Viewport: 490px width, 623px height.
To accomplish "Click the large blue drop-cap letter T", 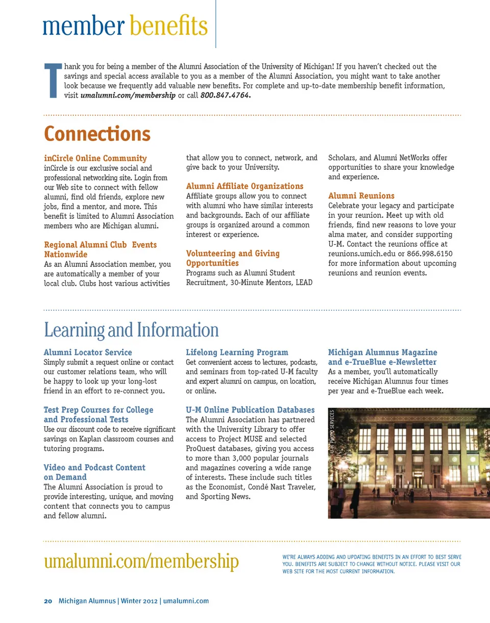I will (x=53, y=81).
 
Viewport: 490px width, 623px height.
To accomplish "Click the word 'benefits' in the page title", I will (x=168, y=26).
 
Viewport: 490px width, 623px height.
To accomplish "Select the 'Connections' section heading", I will (x=97, y=134).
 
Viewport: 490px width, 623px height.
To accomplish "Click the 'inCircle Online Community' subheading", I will (x=95, y=158).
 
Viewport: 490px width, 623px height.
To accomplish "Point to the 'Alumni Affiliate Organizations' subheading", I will (x=244, y=186).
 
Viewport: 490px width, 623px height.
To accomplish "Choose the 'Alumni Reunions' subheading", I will (x=361, y=196).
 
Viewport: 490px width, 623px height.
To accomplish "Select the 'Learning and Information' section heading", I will (x=131, y=330).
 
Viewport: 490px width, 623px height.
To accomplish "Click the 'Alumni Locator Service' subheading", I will (x=88, y=353).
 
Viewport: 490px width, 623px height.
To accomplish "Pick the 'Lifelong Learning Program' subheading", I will (x=237, y=353).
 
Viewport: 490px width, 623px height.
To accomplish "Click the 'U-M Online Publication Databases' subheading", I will (x=250, y=410).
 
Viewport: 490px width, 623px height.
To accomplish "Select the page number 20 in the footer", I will (x=48, y=601).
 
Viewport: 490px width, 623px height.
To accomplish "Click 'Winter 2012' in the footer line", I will (x=139, y=601).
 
